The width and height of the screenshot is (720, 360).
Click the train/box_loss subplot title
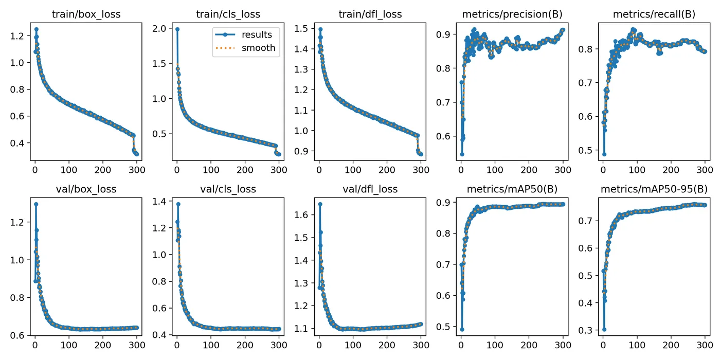tap(86, 14)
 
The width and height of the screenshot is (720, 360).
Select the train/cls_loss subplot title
tap(228, 14)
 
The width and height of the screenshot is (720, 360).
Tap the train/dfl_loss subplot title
tap(370, 14)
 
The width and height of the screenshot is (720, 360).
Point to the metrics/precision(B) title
tap(512, 14)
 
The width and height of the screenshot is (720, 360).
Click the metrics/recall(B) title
tap(654, 14)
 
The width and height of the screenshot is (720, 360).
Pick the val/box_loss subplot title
tap(86, 189)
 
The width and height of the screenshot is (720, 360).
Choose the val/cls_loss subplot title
tap(228, 189)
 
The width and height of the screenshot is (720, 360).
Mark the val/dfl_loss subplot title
tap(370, 189)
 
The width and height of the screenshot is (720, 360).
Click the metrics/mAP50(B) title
tap(512, 189)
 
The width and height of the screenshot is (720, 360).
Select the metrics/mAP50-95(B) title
tap(654, 189)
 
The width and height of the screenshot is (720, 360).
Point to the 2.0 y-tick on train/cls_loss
tap(160, 29)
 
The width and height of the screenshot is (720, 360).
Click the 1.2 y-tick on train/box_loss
tap(19, 36)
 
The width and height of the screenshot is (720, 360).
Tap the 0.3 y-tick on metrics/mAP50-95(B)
tap(586, 330)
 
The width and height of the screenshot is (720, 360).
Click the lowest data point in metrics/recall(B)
tap(604, 154)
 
